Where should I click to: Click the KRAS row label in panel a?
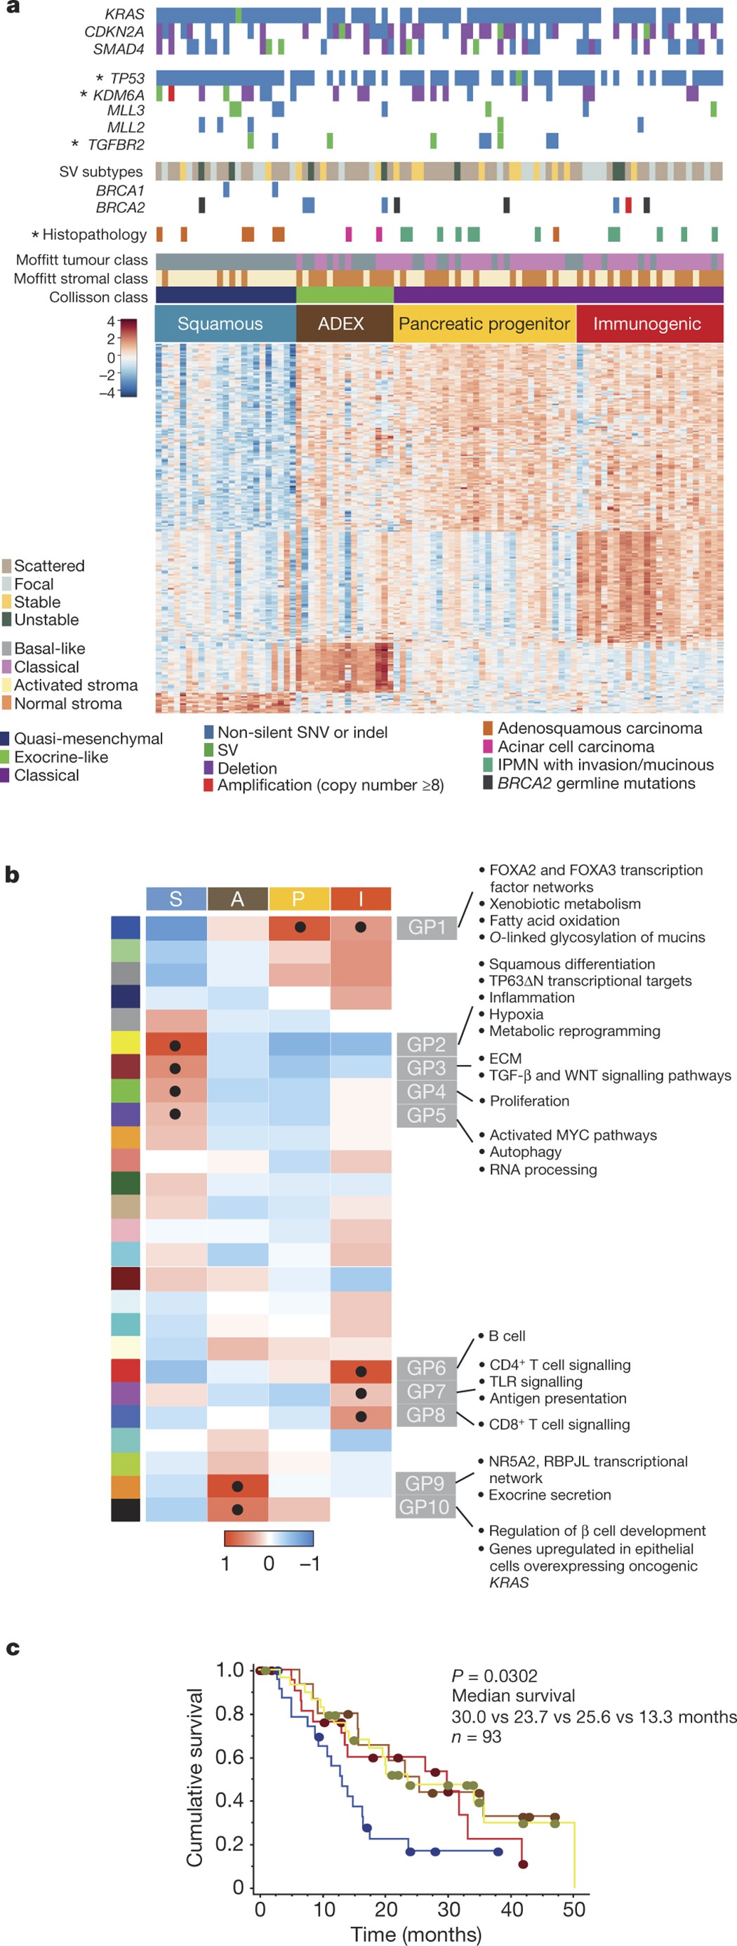[x=125, y=14]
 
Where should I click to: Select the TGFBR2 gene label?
[x=116, y=145]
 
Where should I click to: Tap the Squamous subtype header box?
[x=220, y=324]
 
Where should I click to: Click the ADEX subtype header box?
[x=341, y=324]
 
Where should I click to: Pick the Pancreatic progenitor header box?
[x=484, y=324]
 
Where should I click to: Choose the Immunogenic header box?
[x=647, y=324]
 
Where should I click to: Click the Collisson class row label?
[x=98, y=297]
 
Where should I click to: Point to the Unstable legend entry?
[x=46, y=619]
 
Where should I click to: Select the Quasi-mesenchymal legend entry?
[x=88, y=739]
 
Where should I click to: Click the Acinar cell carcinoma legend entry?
[x=576, y=746]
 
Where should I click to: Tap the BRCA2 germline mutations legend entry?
[x=596, y=784]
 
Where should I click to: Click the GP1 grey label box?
[x=426, y=927]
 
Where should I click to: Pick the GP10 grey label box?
[x=424, y=1507]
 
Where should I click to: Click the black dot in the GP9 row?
[x=237, y=1486]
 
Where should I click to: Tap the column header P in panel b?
[x=298, y=899]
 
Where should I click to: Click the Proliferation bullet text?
[x=529, y=1101]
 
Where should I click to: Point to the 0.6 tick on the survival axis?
[x=229, y=1757]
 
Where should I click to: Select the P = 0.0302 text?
[x=494, y=1675]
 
